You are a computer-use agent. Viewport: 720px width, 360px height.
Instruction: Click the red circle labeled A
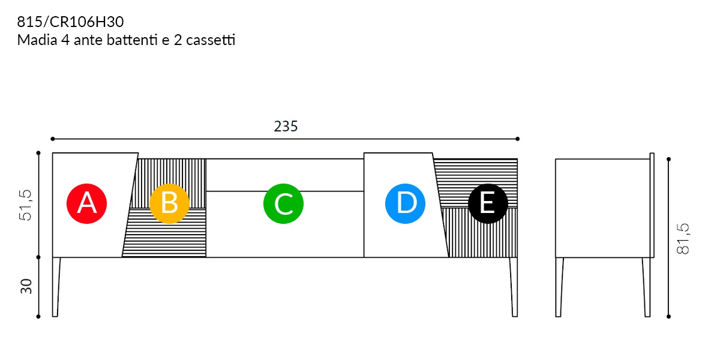87,203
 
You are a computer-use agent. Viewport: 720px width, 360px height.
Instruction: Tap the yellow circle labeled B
169,203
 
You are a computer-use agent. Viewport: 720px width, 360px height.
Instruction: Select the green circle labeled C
283,203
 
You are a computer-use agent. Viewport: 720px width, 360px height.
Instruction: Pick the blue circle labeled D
405,203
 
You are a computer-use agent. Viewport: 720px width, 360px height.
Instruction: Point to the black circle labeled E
488,203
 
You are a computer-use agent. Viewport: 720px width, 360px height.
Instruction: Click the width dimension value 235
286,127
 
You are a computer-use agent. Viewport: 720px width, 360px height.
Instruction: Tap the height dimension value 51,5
26,205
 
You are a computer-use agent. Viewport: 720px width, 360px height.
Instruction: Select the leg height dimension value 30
26,286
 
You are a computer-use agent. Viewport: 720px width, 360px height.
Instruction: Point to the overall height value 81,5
683,239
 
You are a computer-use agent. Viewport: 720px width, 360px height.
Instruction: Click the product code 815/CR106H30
70,22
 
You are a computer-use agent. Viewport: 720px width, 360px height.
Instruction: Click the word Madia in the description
37,40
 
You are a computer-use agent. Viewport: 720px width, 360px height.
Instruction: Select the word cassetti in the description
211,40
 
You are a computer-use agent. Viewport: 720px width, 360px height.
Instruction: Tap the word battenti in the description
132,40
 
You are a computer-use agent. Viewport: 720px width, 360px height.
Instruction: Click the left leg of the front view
56,287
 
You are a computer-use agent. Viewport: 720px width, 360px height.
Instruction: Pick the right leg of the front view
514,287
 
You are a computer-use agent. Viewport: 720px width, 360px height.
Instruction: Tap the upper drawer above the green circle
285,175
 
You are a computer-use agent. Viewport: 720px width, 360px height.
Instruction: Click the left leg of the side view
559,287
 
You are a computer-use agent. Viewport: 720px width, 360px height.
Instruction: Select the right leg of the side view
646,287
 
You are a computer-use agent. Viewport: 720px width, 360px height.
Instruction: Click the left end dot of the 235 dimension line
53,139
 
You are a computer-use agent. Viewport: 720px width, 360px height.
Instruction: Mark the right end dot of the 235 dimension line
517,139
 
